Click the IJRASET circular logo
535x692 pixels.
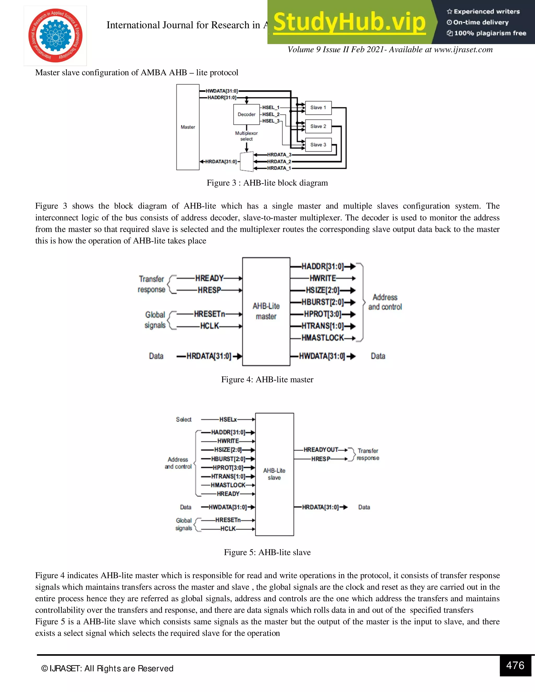coord(55,35)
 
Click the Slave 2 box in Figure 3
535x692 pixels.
coord(318,126)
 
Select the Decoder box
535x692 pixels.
coord(246,114)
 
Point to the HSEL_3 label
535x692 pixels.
coord(271,121)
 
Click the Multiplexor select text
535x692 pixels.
coord(246,136)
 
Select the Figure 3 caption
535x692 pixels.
coord(267,183)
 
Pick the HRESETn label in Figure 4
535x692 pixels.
coord(209,314)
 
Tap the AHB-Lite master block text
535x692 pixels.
coord(266,311)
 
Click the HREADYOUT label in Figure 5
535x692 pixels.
coord(321,450)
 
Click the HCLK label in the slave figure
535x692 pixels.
coord(228,529)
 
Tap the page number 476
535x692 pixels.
coord(515,665)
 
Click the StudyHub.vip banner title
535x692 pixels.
coord(349,22)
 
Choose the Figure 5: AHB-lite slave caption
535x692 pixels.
coord(267,552)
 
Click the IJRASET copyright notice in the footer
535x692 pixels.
coord(107,668)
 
